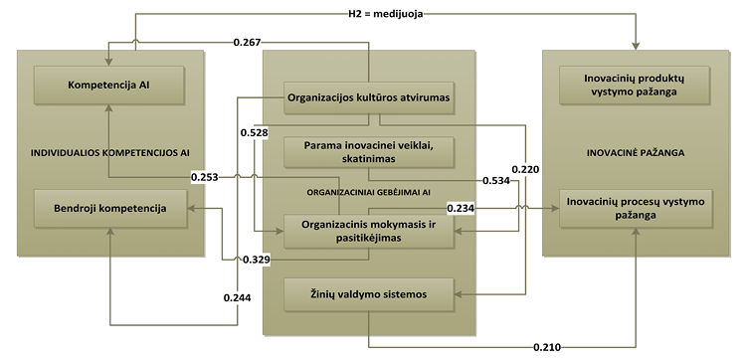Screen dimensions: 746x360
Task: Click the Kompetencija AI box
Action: tap(109, 86)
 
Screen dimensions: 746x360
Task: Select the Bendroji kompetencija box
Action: tap(110, 208)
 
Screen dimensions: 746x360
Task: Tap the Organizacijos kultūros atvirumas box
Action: tap(369, 98)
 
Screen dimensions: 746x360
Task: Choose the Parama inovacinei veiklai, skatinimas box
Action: tap(369, 152)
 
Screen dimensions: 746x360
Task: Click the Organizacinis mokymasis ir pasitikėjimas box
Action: tap(369, 231)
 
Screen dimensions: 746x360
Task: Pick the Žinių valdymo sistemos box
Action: tap(369, 294)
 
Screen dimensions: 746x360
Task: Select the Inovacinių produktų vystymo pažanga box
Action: tap(636, 86)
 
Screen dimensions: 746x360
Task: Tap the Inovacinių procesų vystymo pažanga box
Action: tap(636, 208)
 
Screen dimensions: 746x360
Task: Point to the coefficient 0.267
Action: tap(247, 43)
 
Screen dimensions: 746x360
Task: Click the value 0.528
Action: tap(254, 132)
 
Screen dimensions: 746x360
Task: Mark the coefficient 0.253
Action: tap(205, 177)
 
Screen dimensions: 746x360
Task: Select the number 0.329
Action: tap(257, 260)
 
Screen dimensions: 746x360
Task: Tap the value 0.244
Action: tap(237, 297)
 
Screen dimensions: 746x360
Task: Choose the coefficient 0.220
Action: tap(526, 168)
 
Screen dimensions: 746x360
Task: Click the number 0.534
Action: tap(496, 181)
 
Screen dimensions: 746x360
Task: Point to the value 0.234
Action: tap(461, 208)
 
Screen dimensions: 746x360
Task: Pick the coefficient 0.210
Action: tap(547, 347)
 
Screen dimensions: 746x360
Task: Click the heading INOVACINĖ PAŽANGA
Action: tap(636, 153)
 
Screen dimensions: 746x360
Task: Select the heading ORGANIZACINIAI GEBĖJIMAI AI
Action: tap(369, 192)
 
